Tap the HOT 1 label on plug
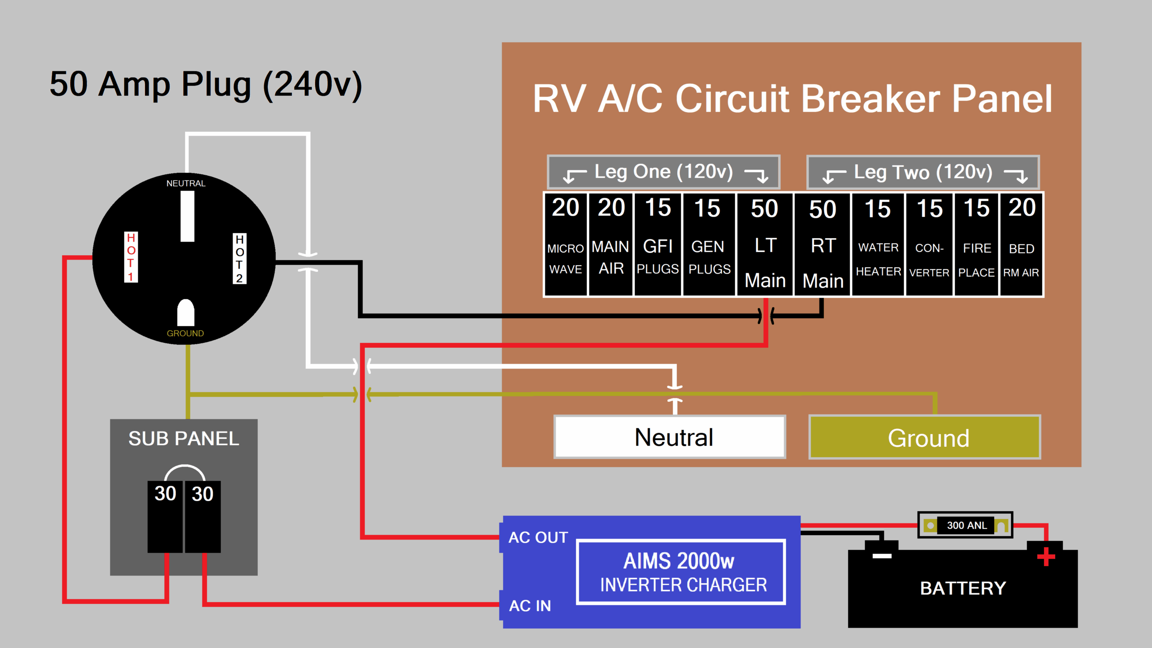pyautogui.click(x=131, y=257)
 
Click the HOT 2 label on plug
pyautogui.click(x=239, y=258)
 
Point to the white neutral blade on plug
pyautogui.click(x=187, y=216)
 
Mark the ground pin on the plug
pyautogui.click(x=185, y=313)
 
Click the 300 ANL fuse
pyautogui.click(x=965, y=525)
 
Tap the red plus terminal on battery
pyautogui.click(x=1046, y=557)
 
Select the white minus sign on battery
pyautogui.click(x=882, y=556)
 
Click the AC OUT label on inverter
pyautogui.click(x=538, y=537)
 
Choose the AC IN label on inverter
pyautogui.click(x=530, y=606)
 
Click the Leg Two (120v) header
pyautogui.click(x=922, y=172)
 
